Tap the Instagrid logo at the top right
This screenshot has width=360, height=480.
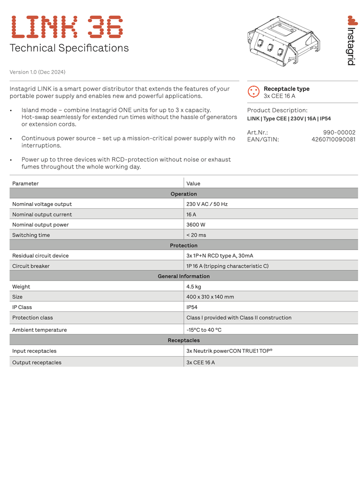[x=351, y=41]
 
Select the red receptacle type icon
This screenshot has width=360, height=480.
[x=253, y=92]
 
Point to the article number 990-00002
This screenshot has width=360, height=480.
[x=339, y=132]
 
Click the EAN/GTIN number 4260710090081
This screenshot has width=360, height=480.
[x=334, y=140]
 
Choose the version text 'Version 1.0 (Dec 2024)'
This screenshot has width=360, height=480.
[x=37, y=72]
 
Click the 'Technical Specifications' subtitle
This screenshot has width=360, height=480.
[x=69, y=48]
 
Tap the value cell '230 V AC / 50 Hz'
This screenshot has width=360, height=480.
[x=207, y=204]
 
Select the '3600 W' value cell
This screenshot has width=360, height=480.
[x=196, y=225]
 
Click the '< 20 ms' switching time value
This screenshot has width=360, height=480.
[x=196, y=235]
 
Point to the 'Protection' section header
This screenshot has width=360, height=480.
[x=183, y=246]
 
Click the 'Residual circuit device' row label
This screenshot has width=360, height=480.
[x=40, y=256]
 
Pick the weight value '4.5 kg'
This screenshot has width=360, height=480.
[x=194, y=287]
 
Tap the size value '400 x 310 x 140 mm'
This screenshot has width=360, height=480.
[x=210, y=297]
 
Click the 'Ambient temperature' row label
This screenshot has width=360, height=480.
[x=39, y=330]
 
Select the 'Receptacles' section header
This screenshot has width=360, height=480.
[x=183, y=340]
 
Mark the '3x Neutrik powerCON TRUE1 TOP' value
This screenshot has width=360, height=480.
[x=229, y=351]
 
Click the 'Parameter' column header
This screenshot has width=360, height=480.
[x=25, y=183]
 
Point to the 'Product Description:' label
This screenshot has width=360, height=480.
[x=277, y=110]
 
